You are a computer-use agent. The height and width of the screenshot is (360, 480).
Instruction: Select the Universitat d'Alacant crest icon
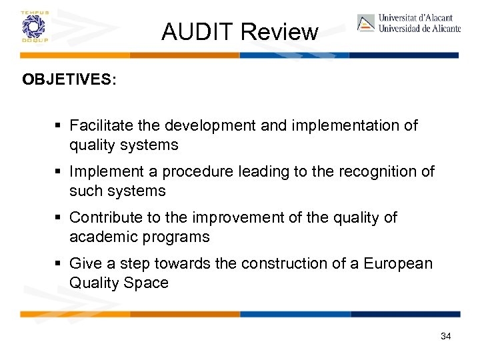(366, 23)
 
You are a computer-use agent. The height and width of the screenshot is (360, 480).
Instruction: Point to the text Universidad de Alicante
(419, 29)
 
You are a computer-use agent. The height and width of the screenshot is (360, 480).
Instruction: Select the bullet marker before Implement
(60, 171)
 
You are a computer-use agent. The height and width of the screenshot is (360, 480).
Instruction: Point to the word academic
(101, 237)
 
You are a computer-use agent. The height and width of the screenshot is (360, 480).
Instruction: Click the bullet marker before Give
(60, 263)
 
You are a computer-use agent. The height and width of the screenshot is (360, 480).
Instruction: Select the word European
(398, 263)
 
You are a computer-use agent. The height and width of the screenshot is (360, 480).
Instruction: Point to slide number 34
(446, 336)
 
